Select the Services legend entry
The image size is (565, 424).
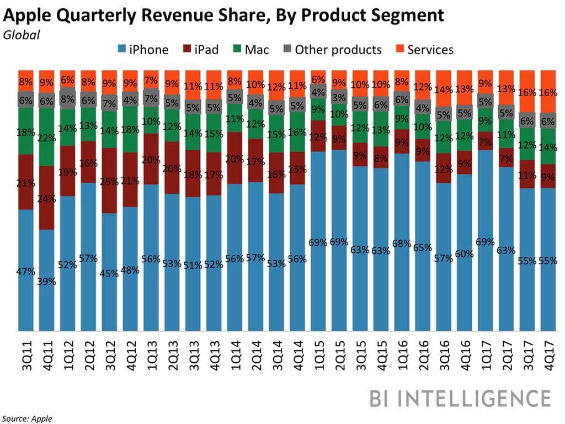(x=424, y=50)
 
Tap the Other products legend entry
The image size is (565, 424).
(x=331, y=50)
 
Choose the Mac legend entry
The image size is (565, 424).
(x=249, y=50)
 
